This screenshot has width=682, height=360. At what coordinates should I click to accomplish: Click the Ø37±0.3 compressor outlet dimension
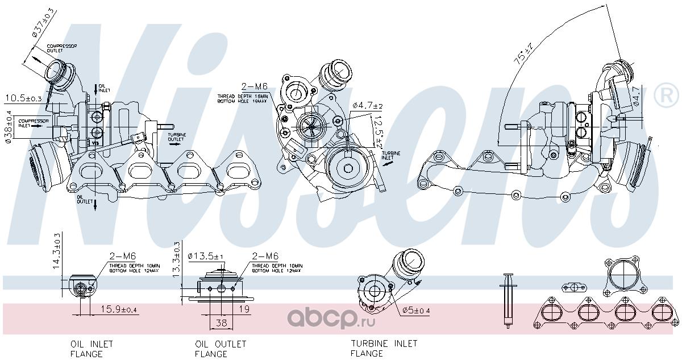point(43,23)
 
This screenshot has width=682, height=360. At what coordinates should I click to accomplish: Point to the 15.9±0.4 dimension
point(119,309)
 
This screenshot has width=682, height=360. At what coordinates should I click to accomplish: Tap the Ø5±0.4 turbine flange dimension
point(416,311)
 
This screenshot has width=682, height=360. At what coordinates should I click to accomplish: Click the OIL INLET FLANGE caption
point(92,349)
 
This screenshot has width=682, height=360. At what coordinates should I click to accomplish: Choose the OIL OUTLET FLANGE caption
point(221,349)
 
